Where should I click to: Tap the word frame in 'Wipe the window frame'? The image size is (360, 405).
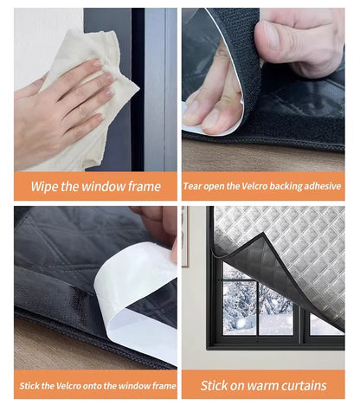tap(145, 186)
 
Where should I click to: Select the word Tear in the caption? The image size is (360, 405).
tap(193, 186)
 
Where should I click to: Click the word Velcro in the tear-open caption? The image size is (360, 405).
tap(254, 186)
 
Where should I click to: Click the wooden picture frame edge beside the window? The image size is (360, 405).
tap(185, 236)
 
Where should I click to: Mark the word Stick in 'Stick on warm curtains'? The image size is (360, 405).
tap(213, 386)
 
